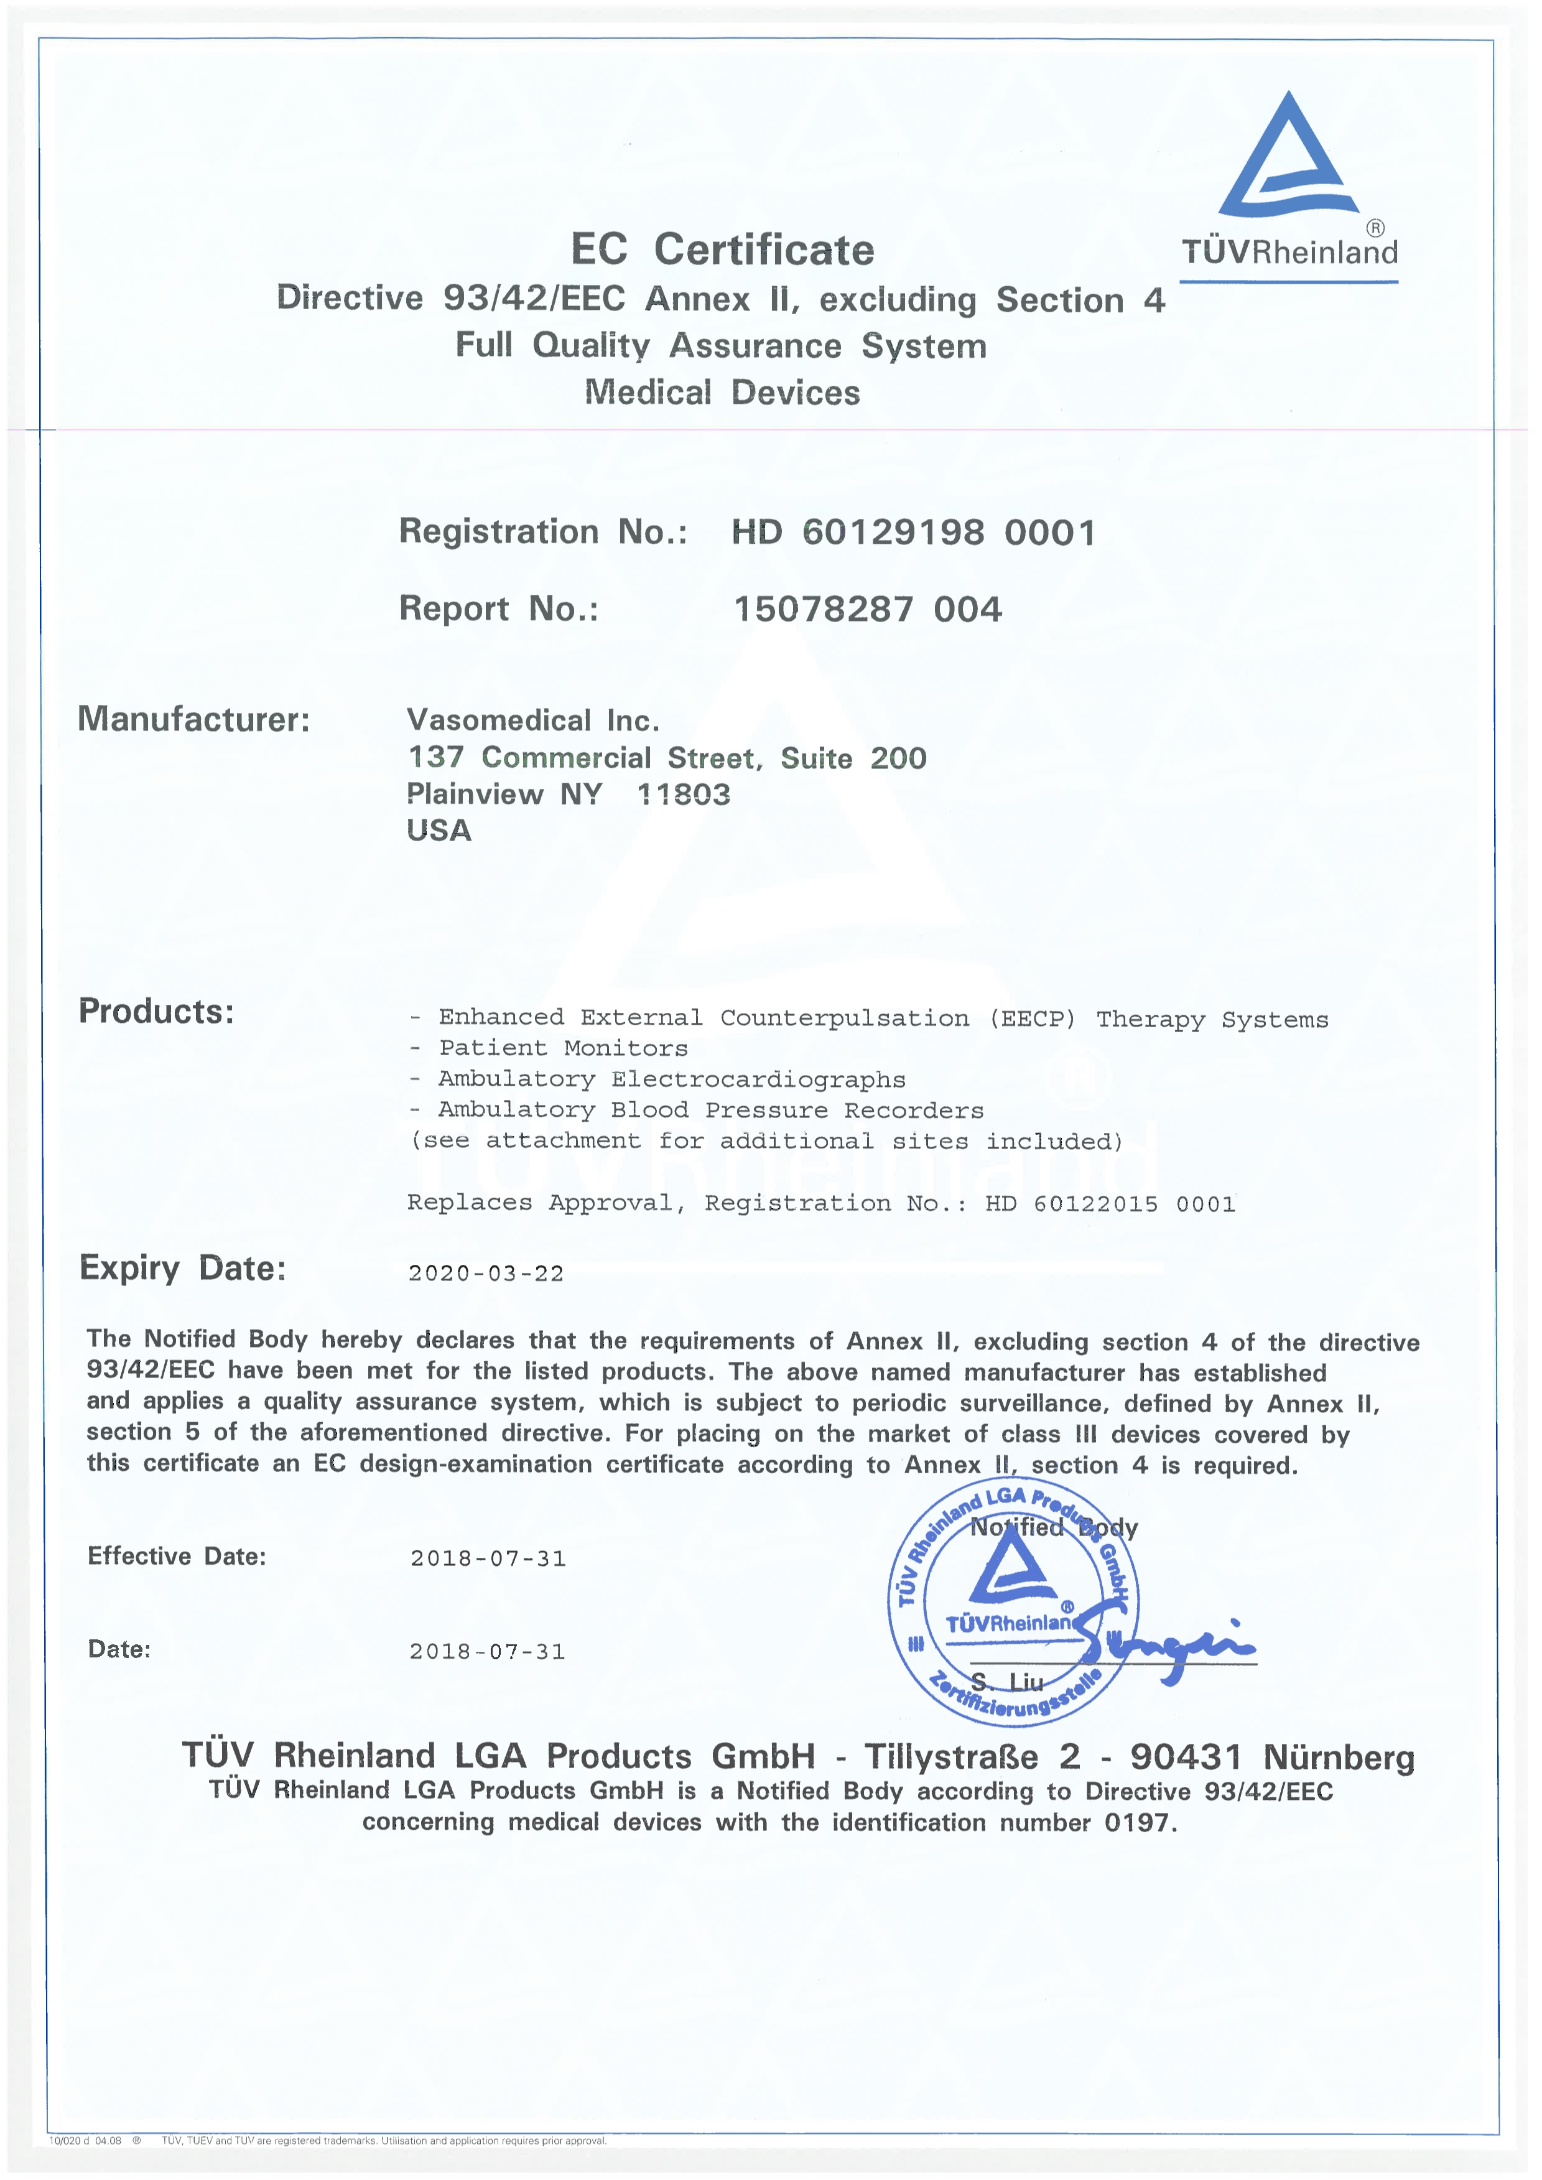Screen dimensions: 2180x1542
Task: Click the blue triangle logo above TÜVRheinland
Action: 1288,157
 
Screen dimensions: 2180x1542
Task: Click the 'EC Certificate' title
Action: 722,249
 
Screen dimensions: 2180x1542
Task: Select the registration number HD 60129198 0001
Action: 913,533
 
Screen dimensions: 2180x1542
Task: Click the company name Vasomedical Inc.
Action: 532,720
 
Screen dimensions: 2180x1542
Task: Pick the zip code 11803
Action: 683,794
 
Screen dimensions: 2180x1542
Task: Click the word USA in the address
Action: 439,831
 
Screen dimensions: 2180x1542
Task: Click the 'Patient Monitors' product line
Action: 562,1048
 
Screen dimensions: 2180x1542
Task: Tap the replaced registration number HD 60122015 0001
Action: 1110,1204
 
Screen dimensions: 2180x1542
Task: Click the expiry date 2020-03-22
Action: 486,1274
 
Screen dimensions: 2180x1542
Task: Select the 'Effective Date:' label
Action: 177,1556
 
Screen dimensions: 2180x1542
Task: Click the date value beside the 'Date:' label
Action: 487,1651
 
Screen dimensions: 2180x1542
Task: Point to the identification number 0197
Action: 1138,1822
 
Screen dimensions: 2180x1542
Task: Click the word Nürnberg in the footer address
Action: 1339,1758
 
